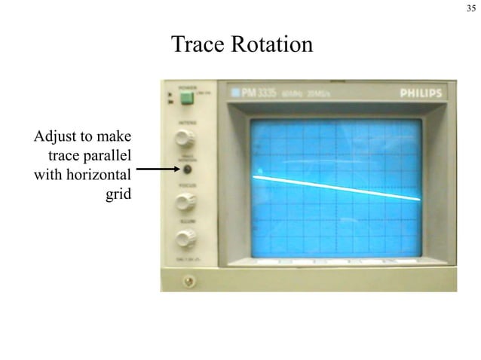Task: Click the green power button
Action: pos(185,97)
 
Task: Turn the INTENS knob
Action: pos(183,138)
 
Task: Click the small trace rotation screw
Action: pos(184,170)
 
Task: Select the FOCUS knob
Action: pos(183,202)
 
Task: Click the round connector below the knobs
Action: pos(186,281)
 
